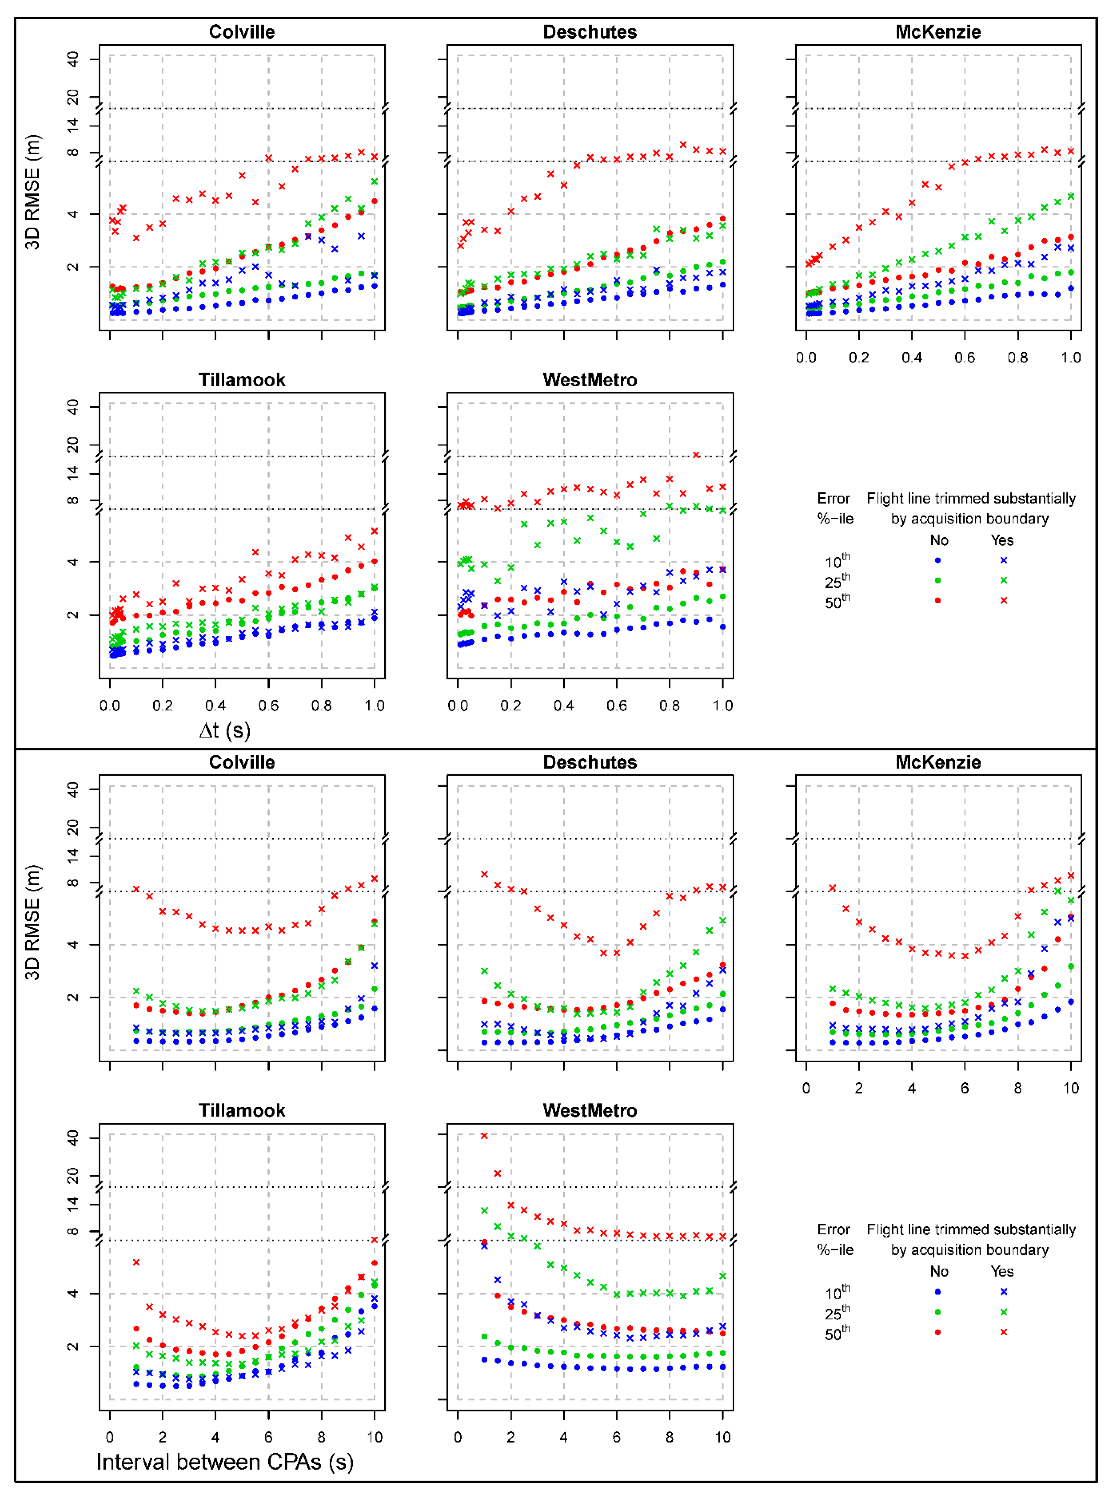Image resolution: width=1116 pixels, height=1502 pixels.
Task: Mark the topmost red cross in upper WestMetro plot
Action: click(x=696, y=455)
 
